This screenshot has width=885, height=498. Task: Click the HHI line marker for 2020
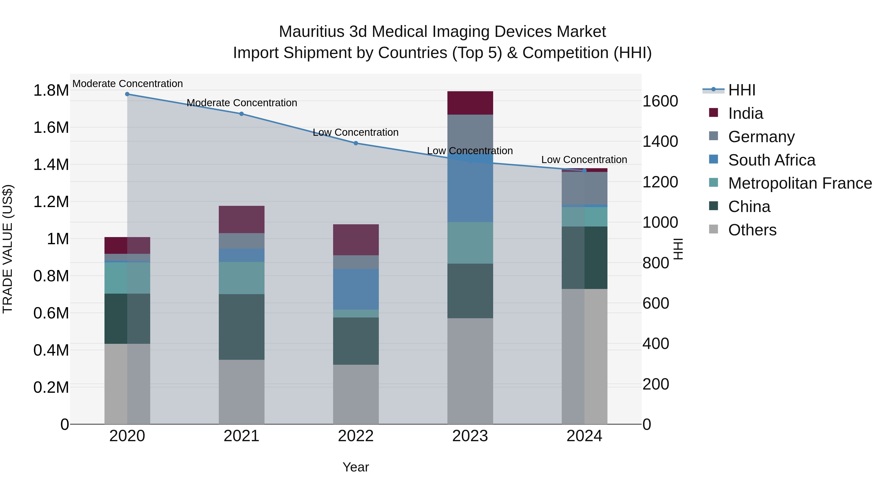127,94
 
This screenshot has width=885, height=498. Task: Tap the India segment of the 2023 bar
470,103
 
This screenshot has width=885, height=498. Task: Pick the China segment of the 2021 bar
241,327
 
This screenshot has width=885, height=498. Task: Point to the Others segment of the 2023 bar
470,371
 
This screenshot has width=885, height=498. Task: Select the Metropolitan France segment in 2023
470,243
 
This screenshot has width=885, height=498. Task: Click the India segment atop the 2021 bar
241,220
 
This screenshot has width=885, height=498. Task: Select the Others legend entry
752,230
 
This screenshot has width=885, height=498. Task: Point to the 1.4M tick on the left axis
51,165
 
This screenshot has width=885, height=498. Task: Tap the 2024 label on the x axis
584,436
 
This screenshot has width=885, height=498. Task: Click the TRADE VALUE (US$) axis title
8,249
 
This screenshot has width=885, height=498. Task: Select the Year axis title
355,467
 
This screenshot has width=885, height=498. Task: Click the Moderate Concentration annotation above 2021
241,103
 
